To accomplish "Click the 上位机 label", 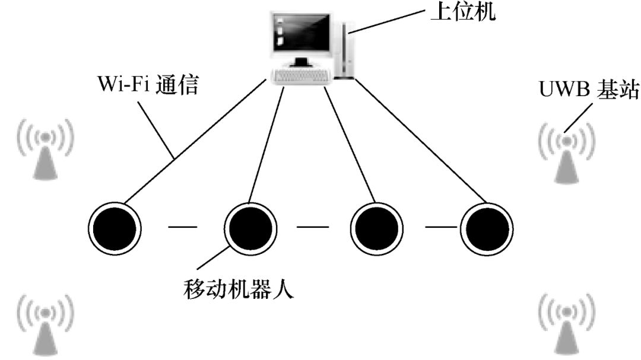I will (461, 11).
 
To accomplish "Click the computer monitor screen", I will (301, 34).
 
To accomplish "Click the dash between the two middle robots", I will (313, 226).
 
